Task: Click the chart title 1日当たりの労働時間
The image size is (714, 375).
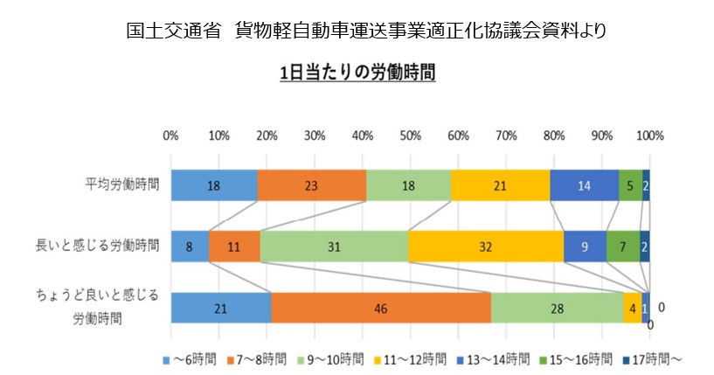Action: (x=357, y=73)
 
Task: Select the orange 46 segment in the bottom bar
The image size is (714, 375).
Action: (x=381, y=308)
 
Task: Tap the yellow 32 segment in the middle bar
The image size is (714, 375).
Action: (x=485, y=247)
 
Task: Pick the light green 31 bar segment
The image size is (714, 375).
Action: (x=334, y=247)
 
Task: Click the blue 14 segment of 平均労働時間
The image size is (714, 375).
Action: (x=584, y=185)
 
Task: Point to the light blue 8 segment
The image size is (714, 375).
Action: (x=190, y=247)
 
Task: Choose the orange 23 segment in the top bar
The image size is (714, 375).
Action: (x=311, y=185)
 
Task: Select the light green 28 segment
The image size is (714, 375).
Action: (x=558, y=308)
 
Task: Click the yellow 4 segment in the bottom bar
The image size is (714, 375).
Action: (x=631, y=308)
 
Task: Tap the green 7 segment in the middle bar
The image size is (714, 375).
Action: (x=622, y=247)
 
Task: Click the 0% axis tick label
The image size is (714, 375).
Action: (x=171, y=135)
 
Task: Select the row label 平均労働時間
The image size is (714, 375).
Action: (x=122, y=185)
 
